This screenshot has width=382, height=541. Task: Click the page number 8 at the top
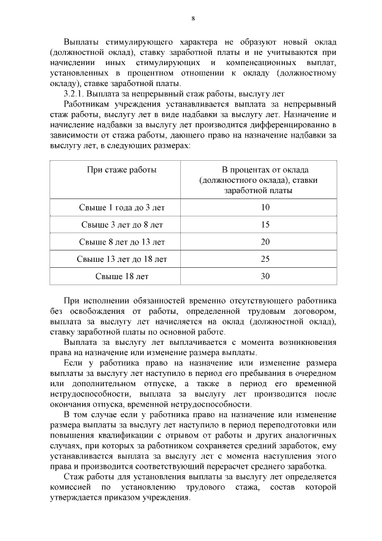coord(193,18)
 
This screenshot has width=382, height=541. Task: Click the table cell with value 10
coord(266,207)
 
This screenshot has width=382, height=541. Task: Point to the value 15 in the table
coord(266,225)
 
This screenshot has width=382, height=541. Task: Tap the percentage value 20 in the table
coord(266,242)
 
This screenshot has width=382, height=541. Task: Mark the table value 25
coord(266,259)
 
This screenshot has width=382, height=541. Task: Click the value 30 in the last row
coord(266,276)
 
